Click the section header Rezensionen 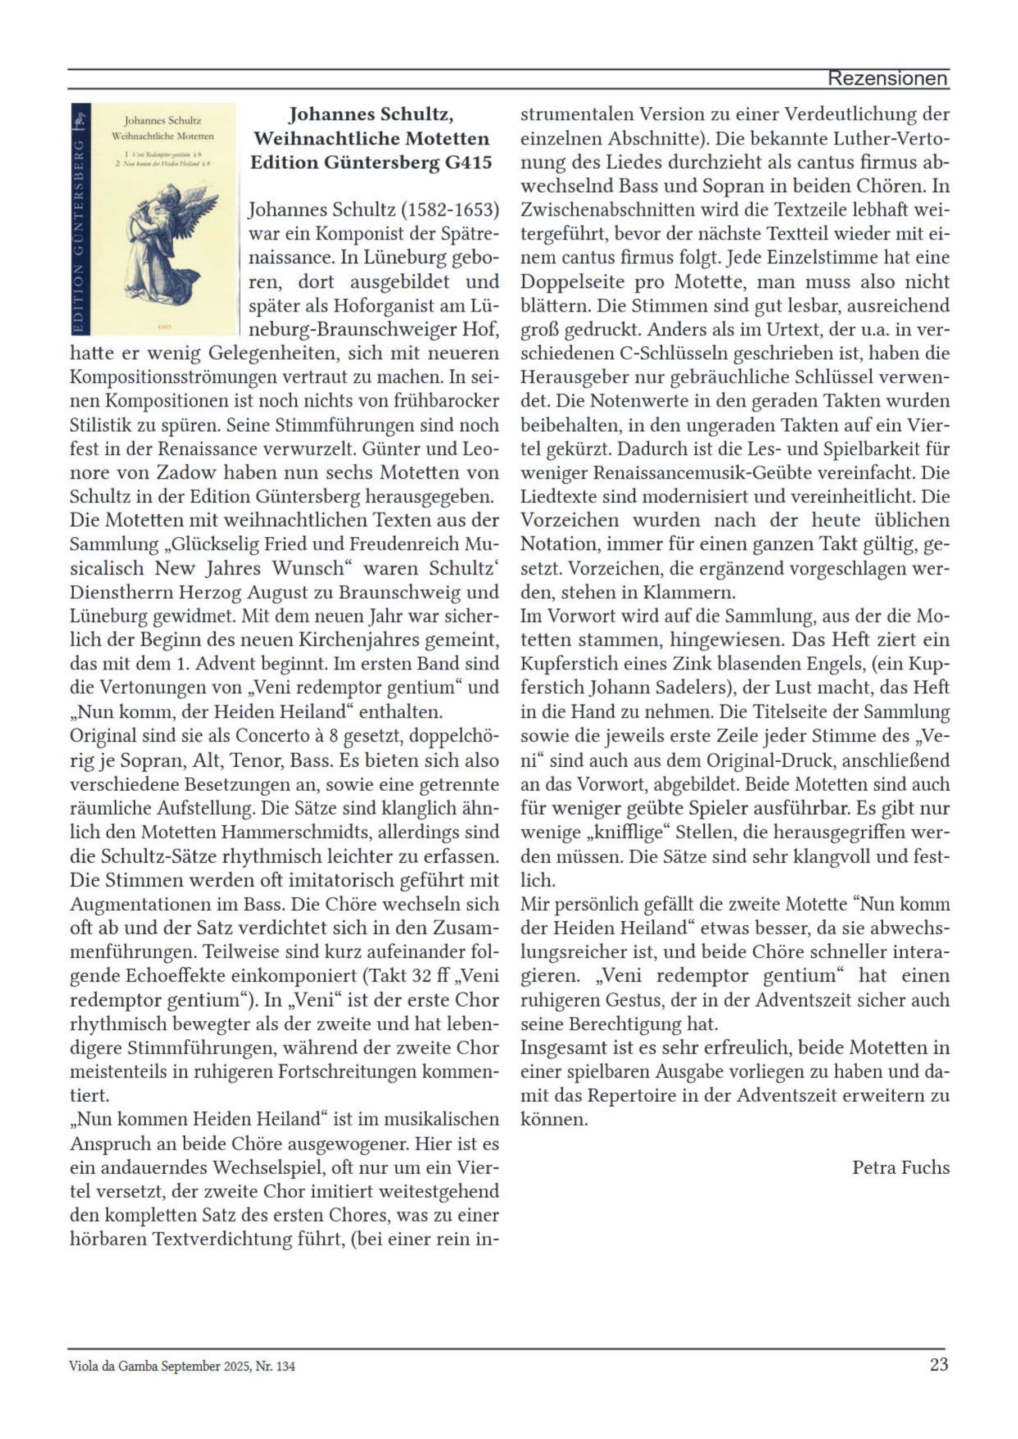point(887,79)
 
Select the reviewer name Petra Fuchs point(900,1167)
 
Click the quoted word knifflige point(628,832)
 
